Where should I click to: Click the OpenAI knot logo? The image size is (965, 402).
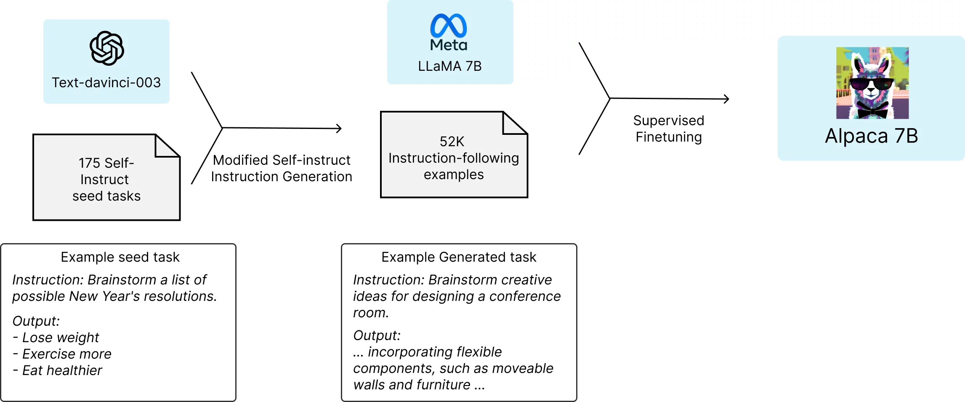coord(106,48)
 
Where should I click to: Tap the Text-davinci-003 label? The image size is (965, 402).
coord(106,83)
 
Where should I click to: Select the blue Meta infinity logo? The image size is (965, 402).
coord(449,26)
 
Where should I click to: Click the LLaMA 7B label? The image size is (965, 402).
coord(449,66)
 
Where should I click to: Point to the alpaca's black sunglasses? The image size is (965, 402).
coord(871,84)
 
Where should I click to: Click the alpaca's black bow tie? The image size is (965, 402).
coord(872,110)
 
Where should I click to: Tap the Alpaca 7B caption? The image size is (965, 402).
coord(871,136)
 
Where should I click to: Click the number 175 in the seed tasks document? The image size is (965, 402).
coord(89,163)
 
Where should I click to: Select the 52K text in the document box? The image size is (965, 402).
coord(452,142)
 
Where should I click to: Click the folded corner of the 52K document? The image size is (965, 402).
coord(514,123)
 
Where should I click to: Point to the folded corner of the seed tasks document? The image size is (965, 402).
coord(167,146)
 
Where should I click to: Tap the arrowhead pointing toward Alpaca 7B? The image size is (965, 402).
coord(727,99)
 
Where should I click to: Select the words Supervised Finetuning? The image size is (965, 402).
coord(668,129)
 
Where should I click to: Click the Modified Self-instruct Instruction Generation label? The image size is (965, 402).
coord(282,168)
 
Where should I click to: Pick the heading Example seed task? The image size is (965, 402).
coord(120,257)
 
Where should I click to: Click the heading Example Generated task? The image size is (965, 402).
coord(459,257)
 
